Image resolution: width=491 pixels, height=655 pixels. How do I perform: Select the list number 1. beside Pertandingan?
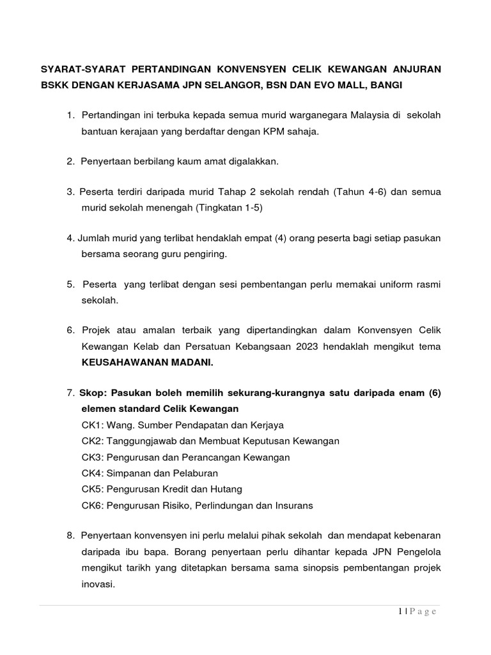(70, 114)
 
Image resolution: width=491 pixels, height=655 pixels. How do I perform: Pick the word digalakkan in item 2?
(250, 161)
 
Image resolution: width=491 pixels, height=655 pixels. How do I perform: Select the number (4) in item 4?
(277, 238)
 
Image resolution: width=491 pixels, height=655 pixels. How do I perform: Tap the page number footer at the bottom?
(415, 612)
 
